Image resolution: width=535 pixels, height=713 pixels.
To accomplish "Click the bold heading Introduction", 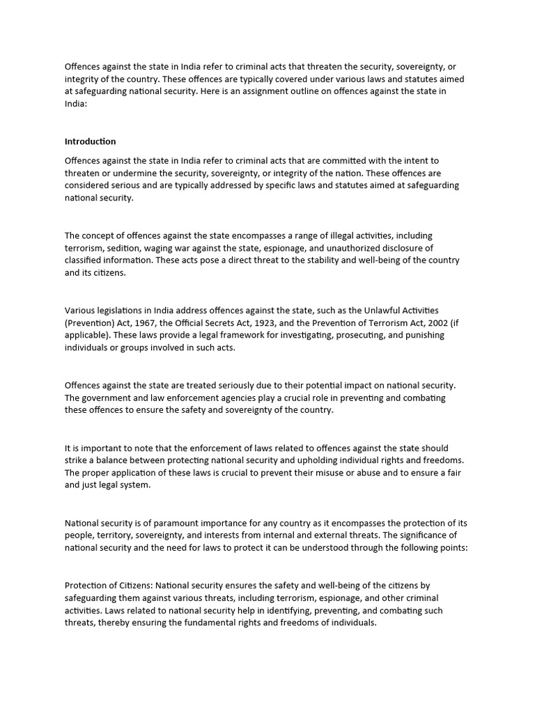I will coord(90,141).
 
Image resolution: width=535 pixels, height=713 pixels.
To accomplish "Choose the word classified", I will coord(84,260).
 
